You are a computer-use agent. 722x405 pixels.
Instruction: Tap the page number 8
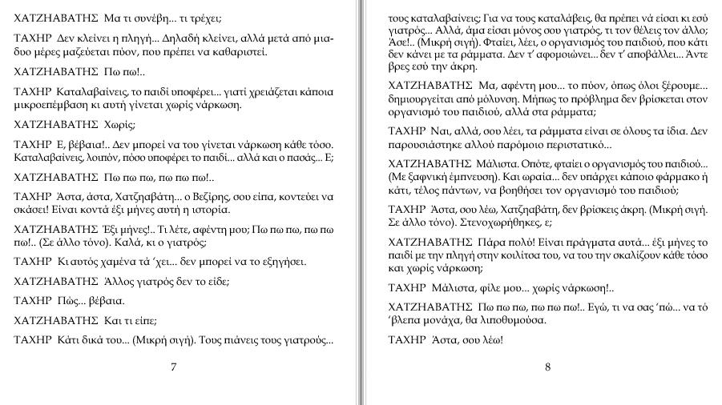click(x=547, y=367)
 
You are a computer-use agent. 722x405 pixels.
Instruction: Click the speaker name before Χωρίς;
click(x=56, y=125)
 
